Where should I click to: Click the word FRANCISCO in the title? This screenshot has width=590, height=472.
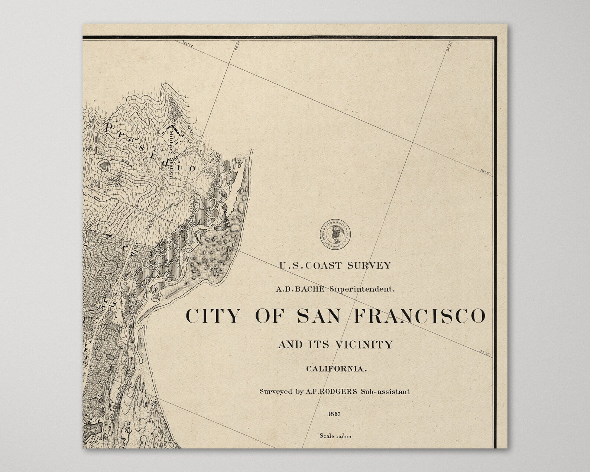tap(419, 316)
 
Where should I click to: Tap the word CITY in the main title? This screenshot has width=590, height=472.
tap(213, 316)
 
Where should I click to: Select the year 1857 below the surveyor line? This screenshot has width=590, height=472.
tap(334, 414)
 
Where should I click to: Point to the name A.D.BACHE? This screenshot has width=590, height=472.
tap(300, 289)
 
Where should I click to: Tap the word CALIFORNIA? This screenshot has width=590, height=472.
tap(336, 369)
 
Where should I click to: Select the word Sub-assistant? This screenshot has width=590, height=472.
tap(388, 391)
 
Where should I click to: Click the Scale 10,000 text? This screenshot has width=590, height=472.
tap(335, 436)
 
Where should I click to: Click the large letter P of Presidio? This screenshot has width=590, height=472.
tap(110, 129)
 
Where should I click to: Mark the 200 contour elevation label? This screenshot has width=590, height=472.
tap(97, 199)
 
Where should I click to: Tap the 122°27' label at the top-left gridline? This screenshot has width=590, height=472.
tap(189, 43)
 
